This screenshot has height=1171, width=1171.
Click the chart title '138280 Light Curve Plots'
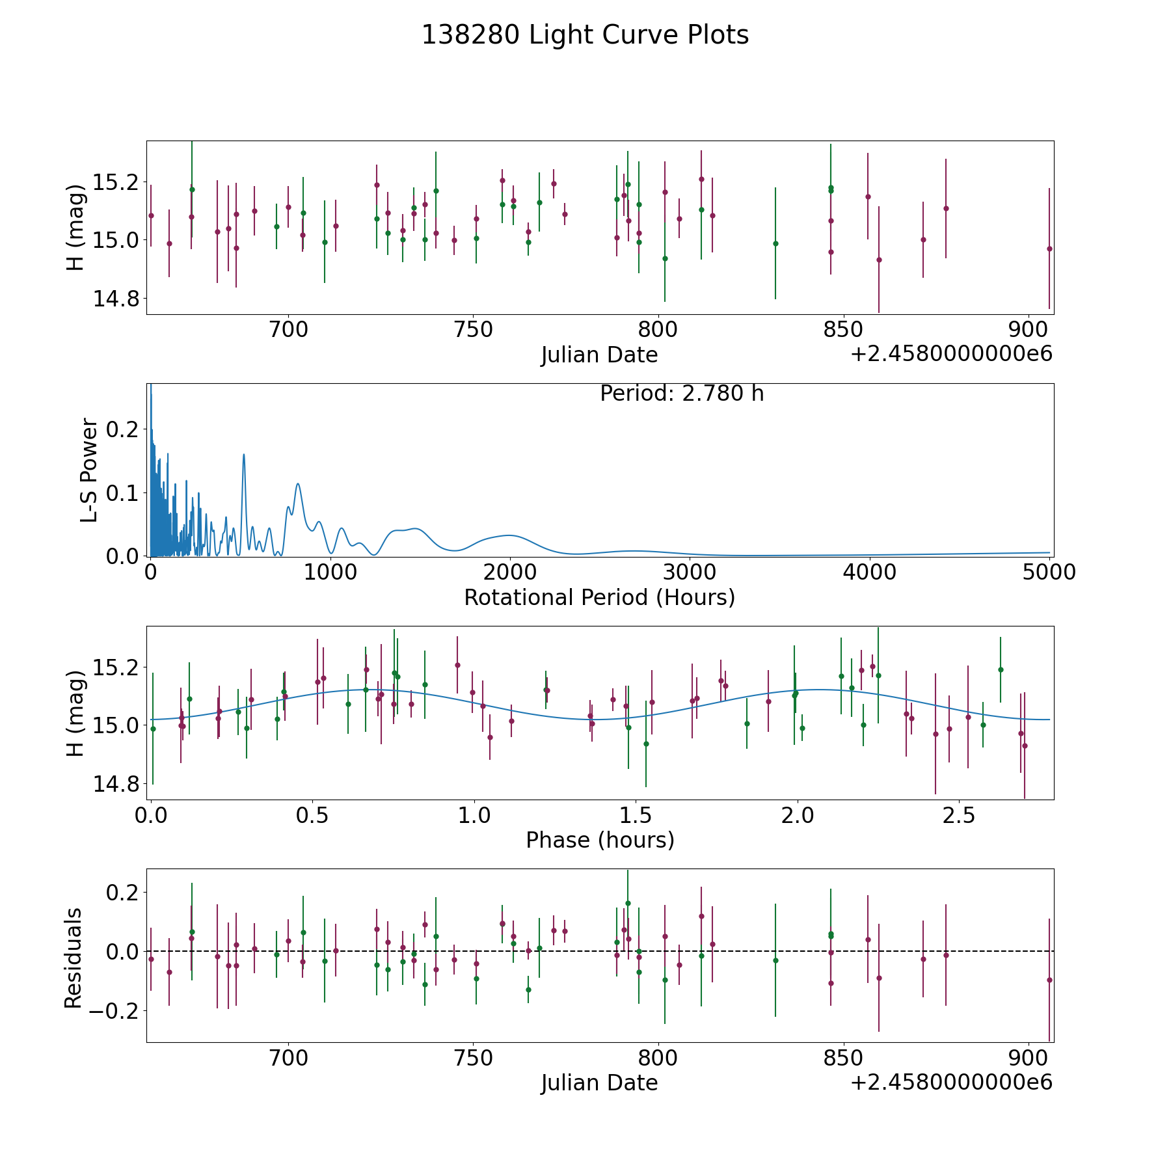coord(585,35)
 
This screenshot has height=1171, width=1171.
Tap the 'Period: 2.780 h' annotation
coord(682,394)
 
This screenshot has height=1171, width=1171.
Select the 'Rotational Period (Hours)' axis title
coord(599,597)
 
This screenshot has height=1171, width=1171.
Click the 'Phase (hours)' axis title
coord(600,840)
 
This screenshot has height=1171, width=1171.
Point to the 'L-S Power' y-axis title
coord(90,470)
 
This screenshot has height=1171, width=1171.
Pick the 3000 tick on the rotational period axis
coord(690,572)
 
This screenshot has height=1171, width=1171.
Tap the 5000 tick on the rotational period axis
coord(1049,572)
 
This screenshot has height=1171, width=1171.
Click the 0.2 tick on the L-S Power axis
coord(123,429)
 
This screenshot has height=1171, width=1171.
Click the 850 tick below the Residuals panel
coord(843,1058)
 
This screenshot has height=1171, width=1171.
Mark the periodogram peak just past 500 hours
coord(244,454)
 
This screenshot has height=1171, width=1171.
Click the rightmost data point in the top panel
coord(1049,249)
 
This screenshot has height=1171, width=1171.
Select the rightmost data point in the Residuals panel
coord(1049,980)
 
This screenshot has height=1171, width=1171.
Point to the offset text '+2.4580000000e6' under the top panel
coord(951,355)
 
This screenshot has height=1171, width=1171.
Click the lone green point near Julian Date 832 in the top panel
coord(775,243)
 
